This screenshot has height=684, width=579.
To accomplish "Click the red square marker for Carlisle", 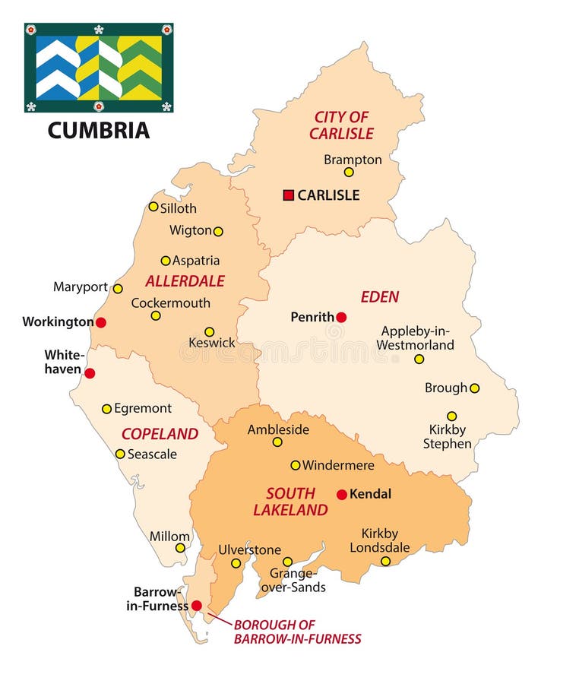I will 288,195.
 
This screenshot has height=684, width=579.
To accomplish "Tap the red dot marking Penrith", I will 341,317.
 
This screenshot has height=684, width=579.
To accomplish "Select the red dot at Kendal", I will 342,495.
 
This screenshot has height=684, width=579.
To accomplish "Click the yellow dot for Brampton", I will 349,173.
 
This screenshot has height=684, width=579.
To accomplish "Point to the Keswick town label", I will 212,344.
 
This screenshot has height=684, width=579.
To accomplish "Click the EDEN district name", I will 379,297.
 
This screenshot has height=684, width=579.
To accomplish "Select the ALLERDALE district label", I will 185,281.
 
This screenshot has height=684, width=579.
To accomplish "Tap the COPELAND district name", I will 160,434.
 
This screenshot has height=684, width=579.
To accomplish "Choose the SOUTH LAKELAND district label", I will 290,502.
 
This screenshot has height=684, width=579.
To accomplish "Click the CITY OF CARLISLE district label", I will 341,125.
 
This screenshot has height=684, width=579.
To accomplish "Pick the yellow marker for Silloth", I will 153,207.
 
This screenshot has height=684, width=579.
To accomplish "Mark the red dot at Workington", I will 100,322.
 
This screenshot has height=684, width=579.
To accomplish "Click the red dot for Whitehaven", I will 90,373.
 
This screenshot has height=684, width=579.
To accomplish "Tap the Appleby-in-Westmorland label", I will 417,338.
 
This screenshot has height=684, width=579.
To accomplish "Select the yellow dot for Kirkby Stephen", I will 451,416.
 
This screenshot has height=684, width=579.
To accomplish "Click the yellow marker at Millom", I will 180,548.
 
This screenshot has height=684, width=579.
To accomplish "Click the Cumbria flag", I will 99,68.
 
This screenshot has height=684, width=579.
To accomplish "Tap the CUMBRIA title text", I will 99,130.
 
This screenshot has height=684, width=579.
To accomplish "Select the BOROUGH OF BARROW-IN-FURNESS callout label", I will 297,632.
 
